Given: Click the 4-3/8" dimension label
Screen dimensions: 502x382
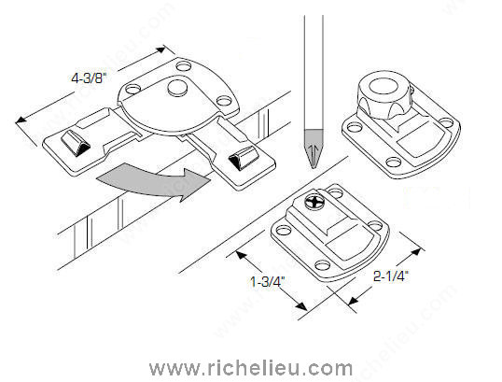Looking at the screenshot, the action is pyautogui.click(x=88, y=78).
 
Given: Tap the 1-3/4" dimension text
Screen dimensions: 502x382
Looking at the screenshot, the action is pyautogui.click(x=267, y=282).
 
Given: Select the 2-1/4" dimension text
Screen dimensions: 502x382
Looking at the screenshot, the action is pyautogui.click(x=391, y=276).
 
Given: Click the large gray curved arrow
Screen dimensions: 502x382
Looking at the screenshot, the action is pyautogui.click(x=153, y=182).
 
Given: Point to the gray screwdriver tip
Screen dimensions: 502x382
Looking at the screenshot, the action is pyautogui.click(x=314, y=149).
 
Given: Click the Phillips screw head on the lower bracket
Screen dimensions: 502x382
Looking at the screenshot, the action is pyautogui.click(x=314, y=203).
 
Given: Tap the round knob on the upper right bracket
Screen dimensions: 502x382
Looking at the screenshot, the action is pyautogui.click(x=383, y=94).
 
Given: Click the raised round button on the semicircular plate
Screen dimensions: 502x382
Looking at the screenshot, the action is pyautogui.click(x=177, y=88).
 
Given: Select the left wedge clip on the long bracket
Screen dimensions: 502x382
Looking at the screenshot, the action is pyautogui.click(x=76, y=143).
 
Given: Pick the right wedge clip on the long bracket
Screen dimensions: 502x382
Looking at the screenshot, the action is pyautogui.click(x=244, y=158).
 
